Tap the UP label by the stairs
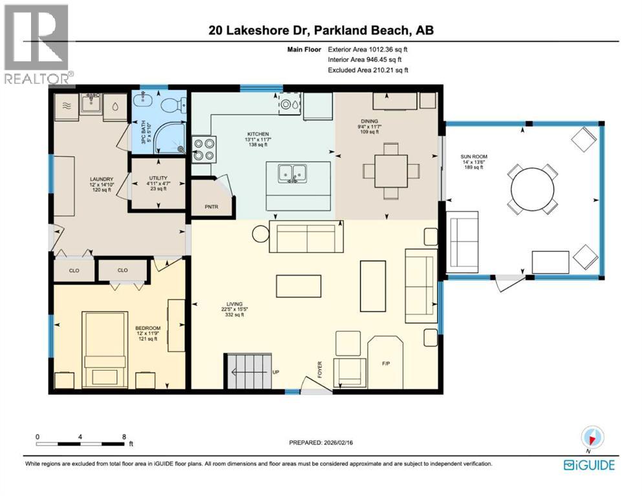(x=275, y=371)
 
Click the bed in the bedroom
(x=104, y=349)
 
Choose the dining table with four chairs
(x=391, y=170)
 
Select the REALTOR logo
(x=36, y=45)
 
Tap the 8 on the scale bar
(x=123, y=436)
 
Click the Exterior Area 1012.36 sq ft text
(x=368, y=49)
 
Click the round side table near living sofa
(x=261, y=234)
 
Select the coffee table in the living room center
(x=298, y=285)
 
